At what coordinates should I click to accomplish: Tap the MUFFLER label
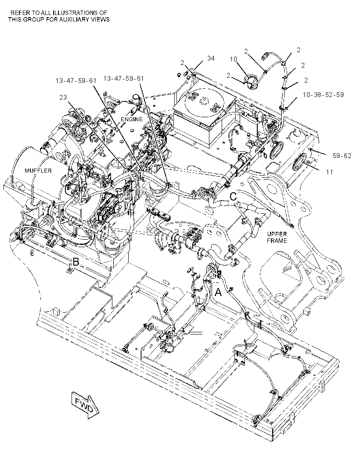(38, 171)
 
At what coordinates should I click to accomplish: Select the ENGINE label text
(132, 119)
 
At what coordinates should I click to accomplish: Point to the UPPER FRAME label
(277, 237)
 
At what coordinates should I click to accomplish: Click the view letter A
(219, 292)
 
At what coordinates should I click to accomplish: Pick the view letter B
(76, 262)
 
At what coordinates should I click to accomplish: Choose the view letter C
(234, 196)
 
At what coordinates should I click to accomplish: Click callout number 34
(211, 58)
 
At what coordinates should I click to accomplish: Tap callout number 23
(63, 97)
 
